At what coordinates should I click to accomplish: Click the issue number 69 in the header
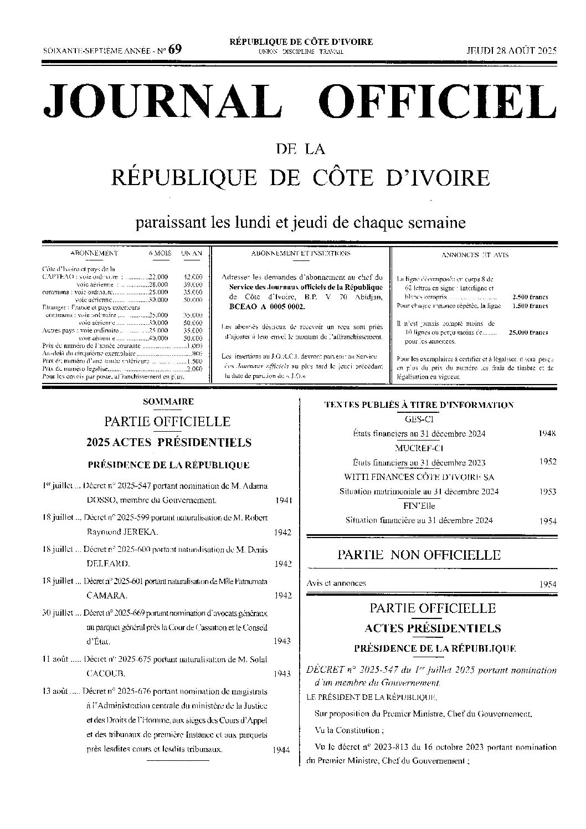tap(175, 49)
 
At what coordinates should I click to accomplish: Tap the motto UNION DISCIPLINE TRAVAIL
tap(301, 52)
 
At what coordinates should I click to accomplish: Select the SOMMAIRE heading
tap(168, 402)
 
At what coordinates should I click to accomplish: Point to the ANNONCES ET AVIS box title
tap(475, 255)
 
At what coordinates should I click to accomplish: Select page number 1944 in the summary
tap(282, 750)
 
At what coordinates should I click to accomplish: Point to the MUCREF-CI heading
tap(419, 448)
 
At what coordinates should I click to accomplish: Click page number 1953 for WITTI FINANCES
tap(547, 492)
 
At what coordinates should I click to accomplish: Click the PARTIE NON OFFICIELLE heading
tap(419, 555)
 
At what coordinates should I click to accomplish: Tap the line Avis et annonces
tap(336, 583)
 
